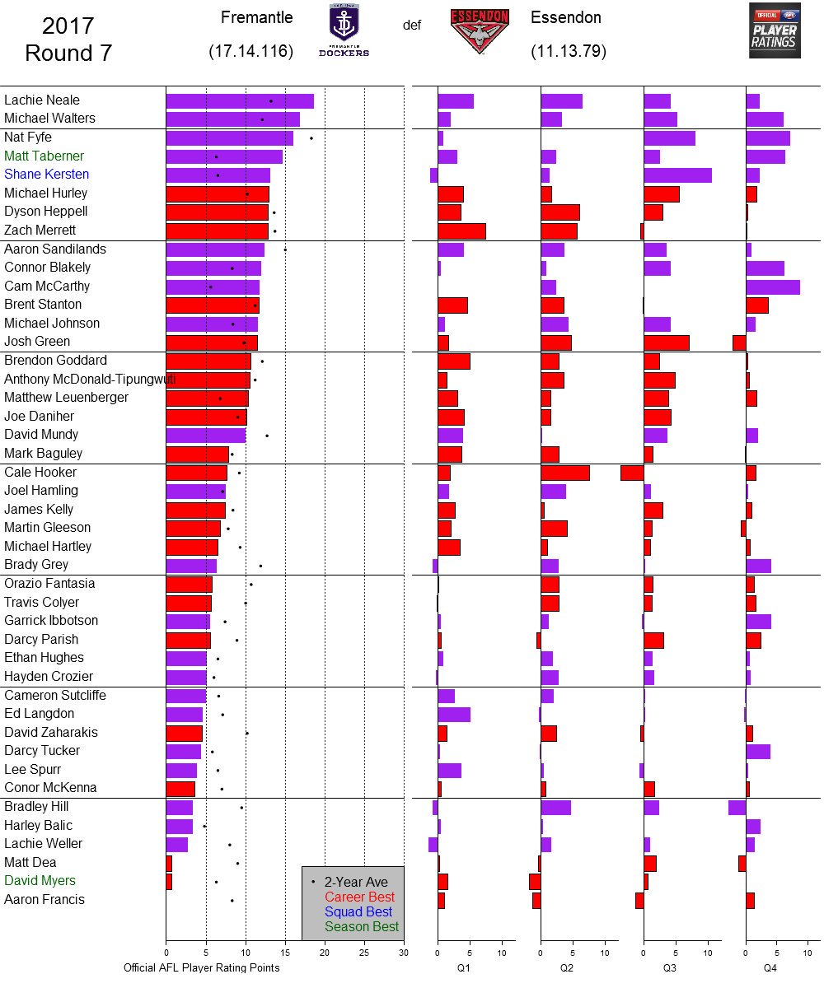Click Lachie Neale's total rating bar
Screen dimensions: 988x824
point(239,100)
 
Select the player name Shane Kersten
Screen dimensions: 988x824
point(46,175)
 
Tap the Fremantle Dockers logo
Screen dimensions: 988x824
point(344,30)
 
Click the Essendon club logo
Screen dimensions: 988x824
point(480,31)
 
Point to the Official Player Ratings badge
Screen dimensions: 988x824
point(774,30)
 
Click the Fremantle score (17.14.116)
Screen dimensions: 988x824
point(251,51)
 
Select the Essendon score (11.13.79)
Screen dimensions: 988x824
point(569,51)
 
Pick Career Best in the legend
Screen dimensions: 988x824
point(359,897)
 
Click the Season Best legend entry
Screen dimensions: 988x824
point(362,926)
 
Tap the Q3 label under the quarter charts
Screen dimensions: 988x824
point(670,968)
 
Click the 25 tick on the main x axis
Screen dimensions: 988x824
point(364,953)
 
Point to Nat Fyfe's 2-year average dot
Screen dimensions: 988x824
point(311,138)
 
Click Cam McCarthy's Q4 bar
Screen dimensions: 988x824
point(772,287)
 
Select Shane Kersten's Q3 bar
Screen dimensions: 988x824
point(677,175)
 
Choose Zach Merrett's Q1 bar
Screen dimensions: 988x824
point(461,231)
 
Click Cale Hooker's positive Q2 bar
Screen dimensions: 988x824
point(564,473)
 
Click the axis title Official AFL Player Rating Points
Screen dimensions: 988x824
point(201,968)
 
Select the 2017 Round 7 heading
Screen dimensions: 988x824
point(68,40)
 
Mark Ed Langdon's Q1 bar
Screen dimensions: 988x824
point(453,714)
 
